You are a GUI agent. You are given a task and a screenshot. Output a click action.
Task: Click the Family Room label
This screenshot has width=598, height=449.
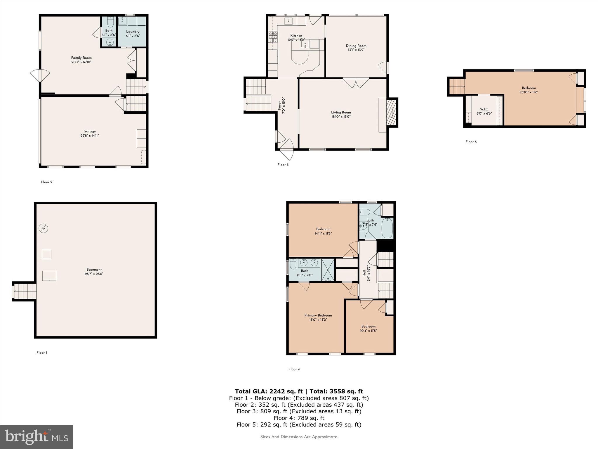81,58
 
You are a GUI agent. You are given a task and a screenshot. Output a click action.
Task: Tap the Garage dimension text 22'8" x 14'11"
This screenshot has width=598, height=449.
90,136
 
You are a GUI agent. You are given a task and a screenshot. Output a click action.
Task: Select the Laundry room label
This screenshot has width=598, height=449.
133,32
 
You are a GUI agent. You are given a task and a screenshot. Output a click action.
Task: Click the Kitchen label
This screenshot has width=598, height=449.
296,36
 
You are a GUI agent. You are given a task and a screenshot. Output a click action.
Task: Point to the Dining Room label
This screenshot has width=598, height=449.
356,46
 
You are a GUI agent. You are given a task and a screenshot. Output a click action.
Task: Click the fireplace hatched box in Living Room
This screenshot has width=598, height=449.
391,112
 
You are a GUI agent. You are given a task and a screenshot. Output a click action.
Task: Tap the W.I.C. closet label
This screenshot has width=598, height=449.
484,109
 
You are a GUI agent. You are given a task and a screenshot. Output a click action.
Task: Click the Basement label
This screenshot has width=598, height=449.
94,270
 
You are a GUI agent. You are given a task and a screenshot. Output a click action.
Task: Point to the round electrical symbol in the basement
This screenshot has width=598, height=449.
44,228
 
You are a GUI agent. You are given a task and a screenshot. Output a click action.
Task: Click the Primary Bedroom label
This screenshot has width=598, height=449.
318,315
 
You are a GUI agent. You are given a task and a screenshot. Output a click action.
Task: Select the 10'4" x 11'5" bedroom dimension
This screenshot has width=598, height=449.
368,331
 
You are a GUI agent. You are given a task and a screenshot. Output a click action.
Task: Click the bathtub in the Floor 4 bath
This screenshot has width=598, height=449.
387,228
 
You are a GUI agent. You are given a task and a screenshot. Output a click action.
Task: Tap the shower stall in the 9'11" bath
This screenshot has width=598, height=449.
328,270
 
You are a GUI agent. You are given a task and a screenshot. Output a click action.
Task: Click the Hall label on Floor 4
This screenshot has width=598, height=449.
364,273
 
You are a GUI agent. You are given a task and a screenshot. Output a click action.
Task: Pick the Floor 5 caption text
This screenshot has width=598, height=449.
471,142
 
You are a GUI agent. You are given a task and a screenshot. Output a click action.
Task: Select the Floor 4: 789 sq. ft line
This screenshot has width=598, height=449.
299,418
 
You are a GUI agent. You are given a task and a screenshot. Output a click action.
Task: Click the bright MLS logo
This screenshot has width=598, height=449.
36,437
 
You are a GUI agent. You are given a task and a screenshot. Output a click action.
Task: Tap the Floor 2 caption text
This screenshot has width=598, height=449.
47,182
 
